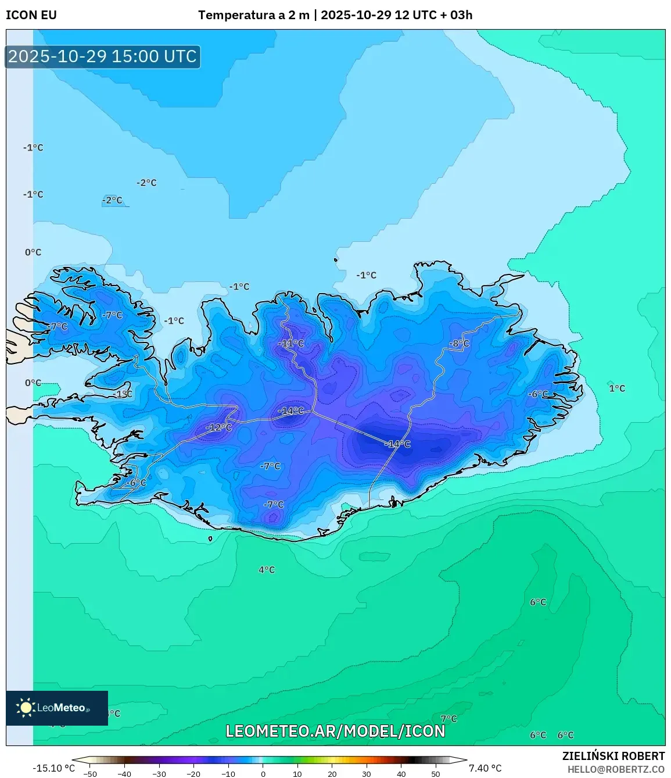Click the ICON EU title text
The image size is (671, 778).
[31, 15]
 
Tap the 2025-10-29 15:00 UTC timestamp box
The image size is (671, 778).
[102, 56]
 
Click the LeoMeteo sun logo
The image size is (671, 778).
[26, 708]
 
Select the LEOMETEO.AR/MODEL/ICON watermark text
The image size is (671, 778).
[335, 731]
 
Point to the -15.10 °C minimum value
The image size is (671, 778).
[53, 768]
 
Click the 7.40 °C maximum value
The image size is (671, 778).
[485, 768]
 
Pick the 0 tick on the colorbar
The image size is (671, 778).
[263, 774]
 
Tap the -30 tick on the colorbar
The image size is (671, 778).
[159, 774]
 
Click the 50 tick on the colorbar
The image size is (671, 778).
[436, 774]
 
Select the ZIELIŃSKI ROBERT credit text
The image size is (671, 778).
[613, 756]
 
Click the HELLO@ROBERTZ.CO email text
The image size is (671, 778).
[616, 769]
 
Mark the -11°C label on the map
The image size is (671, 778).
[290, 343]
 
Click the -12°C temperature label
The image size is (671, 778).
[218, 427]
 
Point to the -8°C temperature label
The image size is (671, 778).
[458, 343]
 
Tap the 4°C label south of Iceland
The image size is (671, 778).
[267, 570]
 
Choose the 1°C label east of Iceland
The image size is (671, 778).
[617, 388]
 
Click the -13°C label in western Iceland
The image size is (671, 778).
[123, 394]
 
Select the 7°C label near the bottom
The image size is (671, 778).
[448, 719]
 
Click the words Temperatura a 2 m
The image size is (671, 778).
[254, 15]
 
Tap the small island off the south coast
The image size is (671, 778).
[210, 539]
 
